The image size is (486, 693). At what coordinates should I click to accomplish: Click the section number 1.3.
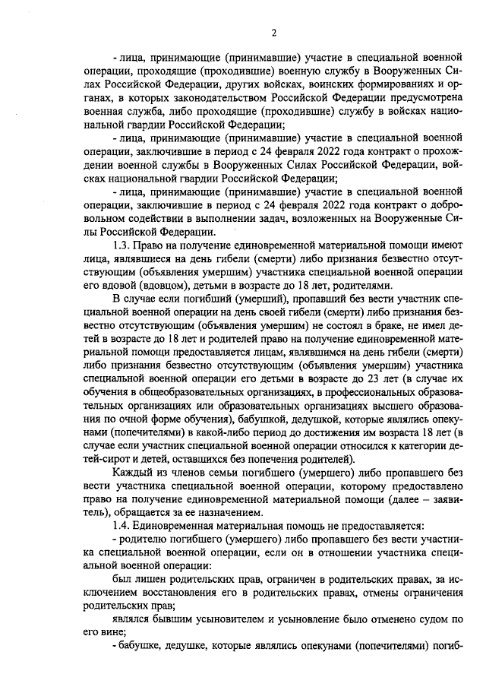[121, 246]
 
